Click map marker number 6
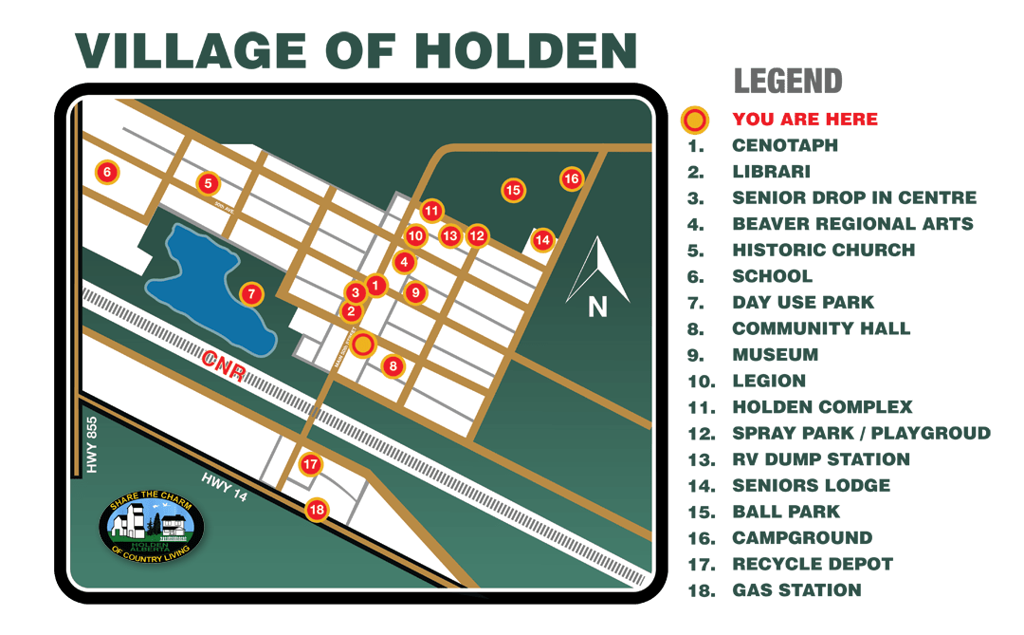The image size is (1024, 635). [x=107, y=173]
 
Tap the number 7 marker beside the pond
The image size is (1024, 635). [x=250, y=294]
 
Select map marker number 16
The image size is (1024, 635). [x=571, y=178]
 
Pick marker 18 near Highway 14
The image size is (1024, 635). [x=317, y=510]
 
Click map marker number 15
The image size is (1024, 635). [x=513, y=191]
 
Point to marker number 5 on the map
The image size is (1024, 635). [x=209, y=183]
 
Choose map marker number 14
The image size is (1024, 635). [x=542, y=240]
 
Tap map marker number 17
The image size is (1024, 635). [x=311, y=464]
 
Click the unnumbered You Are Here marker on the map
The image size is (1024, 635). [x=363, y=345]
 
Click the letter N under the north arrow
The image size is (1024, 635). [x=597, y=307]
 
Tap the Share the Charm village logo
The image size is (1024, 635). [x=152, y=526]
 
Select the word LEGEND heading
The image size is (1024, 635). [x=788, y=82]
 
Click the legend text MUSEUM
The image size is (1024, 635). [x=775, y=355]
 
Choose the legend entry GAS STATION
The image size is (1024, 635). [x=796, y=590]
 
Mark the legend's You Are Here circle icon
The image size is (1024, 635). [x=695, y=121]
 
